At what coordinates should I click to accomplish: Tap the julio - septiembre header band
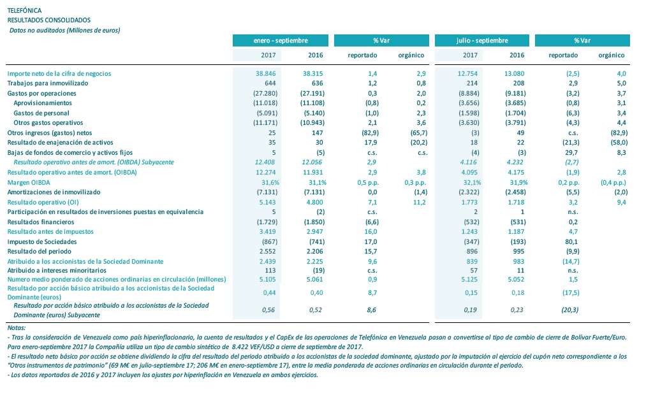(482, 40)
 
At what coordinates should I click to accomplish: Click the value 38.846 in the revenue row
(268, 73)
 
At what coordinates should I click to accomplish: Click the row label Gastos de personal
(42, 113)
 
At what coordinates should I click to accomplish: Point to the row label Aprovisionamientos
(43, 103)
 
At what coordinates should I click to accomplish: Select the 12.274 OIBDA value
(268, 172)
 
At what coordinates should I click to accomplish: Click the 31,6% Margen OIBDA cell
(269, 182)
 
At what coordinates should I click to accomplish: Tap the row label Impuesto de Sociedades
(43, 241)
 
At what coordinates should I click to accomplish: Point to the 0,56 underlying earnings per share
(271, 310)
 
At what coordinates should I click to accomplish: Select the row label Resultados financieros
(41, 222)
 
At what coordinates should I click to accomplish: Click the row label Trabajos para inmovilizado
(47, 83)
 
